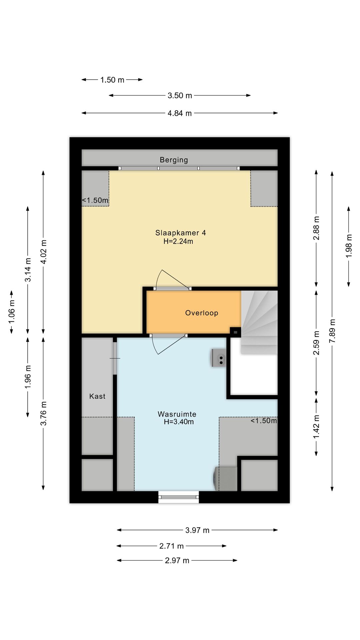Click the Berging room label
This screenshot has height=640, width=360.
[x=174, y=160]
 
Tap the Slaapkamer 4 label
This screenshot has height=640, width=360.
[x=181, y=233]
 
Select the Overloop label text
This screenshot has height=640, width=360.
[x=202, y=313]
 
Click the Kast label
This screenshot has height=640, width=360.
[x=97, y=396]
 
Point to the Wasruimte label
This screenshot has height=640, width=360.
[x=177, y=414]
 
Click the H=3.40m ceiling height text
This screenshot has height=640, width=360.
[x=179, y=422]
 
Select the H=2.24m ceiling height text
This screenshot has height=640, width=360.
[x=178, y=241]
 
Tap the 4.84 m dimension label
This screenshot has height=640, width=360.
[x=180, y=113]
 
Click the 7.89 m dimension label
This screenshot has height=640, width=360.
[x=332, y=331]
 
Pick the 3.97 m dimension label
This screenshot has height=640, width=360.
[x=197, y=530]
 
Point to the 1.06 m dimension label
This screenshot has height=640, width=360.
[x=12, y=311]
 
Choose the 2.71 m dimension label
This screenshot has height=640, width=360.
[x=172, y=546]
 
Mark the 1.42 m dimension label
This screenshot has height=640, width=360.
[x=316, y=427]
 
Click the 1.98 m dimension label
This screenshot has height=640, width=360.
[x=349, y=246]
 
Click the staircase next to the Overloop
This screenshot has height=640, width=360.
[x=259, y=322]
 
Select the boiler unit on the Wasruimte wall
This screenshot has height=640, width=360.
[x=219, y=358]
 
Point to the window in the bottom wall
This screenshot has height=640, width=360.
[x=178, y=497]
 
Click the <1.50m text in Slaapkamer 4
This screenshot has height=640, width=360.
[x=95, y=200]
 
